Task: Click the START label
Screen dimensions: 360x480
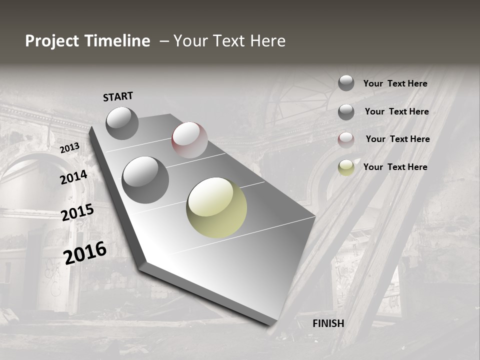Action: click(118, 96)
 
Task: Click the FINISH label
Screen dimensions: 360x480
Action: click(328, 323)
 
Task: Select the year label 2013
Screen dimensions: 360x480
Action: click(69, 148)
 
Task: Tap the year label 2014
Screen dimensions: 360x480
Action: click(73, 177)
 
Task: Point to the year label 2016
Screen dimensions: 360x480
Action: click(85, 253)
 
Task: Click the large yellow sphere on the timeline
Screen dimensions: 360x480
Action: click(216, 207)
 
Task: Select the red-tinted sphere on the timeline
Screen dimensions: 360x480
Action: click(189, 140)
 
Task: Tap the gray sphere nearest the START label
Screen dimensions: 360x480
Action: click(122, 123)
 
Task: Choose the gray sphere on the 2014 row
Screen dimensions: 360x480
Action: click(145, 179)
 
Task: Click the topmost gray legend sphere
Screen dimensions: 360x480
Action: click(346, 83)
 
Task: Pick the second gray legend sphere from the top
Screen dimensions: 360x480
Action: click(346, 112)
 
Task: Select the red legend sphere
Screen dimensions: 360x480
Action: click(346, 140)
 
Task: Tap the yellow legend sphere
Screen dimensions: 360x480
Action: click(346, 167)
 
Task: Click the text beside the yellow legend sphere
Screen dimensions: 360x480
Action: click(395, 167)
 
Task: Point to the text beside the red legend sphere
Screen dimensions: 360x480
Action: click(397, 139)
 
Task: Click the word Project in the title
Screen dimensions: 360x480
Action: click(52, 41)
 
